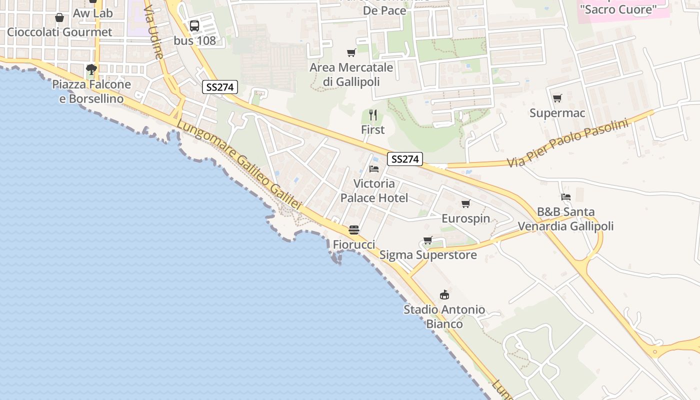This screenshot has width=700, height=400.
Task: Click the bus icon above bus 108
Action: [x=194, y=26]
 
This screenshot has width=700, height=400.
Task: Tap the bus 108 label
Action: [x=195, y=40]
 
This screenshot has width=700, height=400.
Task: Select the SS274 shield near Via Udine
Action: [x=219, y=87]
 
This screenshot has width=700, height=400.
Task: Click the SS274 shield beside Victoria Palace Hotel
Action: [x=404, y=159]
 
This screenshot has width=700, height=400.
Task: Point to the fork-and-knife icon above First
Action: [x=372, y=115]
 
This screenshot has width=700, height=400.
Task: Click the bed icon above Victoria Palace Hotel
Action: [x=373, y=169]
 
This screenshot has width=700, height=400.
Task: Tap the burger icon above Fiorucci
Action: [x=354, y=230]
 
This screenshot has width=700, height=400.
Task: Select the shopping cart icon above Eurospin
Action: [x=465, y=203]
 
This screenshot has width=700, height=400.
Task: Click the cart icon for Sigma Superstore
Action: [x=427, y=240]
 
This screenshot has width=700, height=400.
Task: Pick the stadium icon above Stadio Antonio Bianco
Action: [x=444, y=294]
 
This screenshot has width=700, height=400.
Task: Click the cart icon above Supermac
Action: [x=557, y=98]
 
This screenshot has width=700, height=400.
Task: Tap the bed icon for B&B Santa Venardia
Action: [x=565, y=197]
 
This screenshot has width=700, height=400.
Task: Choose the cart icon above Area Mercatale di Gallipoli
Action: [x=351, y=52]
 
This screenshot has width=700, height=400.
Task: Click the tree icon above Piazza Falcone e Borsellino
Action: [x=91, y=69]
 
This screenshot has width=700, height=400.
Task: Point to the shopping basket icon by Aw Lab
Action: [x=59, y=18]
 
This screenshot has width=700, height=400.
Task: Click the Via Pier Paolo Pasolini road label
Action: [x=567, y=143]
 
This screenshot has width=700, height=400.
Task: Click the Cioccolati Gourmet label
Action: [x=59, y=32]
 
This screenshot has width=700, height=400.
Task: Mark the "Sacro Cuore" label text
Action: [x=617, y=9]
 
